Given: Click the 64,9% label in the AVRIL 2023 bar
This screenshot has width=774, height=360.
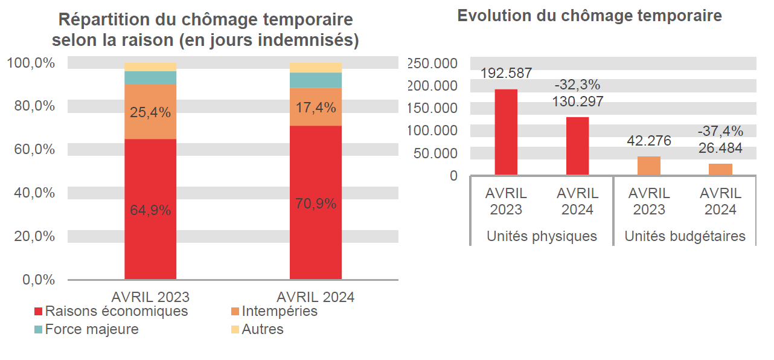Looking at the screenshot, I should [x=150, y=211].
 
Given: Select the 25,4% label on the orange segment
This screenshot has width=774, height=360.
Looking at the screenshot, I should [x=150, y=112].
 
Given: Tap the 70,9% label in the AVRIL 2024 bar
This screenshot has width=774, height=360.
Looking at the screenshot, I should [x=315, y=204].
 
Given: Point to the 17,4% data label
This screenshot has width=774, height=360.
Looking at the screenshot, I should [x=315, y=108].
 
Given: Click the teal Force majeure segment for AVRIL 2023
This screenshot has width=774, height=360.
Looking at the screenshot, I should [x=150, y=77].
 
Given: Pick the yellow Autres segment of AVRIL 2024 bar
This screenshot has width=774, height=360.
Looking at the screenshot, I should [x=315, y=67].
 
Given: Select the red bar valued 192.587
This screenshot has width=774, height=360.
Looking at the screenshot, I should [x=506, y=132].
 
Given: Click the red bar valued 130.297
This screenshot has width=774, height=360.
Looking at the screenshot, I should [x=577, y=146].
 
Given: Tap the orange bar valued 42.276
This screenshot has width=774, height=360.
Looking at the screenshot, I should [x=649, y=166].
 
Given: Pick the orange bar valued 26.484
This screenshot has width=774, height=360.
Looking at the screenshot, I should [x=720, y=170].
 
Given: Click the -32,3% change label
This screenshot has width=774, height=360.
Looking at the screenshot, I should [x=577, y=85].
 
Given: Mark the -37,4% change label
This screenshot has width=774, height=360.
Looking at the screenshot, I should [x=720, y=131].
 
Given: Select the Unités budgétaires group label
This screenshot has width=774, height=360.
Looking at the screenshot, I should [x=685, y=236].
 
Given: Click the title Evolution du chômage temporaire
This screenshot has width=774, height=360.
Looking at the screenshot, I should [x=589, y=16].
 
